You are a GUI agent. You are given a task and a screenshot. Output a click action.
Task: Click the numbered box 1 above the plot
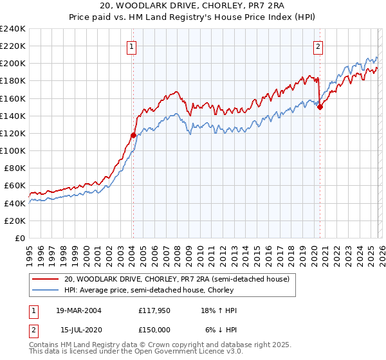tap(131, 46)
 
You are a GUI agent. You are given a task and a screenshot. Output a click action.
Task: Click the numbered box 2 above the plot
tap(318, 46)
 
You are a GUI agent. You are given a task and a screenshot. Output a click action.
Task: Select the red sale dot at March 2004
tap(133, 135)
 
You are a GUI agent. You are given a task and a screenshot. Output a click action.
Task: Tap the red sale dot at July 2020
tap(320, 107)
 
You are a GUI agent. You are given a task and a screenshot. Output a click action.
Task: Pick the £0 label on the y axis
tap(19, 238)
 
